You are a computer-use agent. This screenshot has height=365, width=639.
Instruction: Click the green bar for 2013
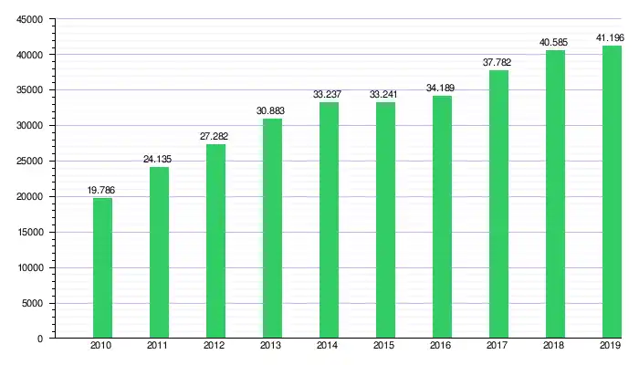click(272, 228)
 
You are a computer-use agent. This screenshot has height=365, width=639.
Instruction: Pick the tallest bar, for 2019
click(612, 192)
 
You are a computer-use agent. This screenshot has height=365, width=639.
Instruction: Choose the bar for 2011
click(159, 252)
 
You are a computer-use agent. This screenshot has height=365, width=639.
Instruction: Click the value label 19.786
click(102, 190)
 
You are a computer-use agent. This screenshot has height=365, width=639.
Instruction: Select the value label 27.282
click(215, 136)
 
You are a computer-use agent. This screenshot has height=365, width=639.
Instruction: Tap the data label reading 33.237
click(329, 94)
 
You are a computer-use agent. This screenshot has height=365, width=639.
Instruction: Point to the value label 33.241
click(385, 94)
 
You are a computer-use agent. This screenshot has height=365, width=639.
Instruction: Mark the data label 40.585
click(555, 42)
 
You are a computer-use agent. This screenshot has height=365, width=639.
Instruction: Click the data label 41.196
click(612, 37)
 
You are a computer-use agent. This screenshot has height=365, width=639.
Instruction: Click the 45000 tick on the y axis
click(29, 19)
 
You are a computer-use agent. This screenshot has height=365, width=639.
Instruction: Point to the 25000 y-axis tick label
click(29, 162)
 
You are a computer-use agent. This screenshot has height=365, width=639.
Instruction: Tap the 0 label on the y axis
click(40, 339)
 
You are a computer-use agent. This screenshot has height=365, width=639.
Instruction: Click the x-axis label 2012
click(215, 347)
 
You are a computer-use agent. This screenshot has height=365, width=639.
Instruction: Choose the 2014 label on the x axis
click(329, 347)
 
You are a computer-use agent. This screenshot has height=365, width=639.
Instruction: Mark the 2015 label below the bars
click(385, 347)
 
